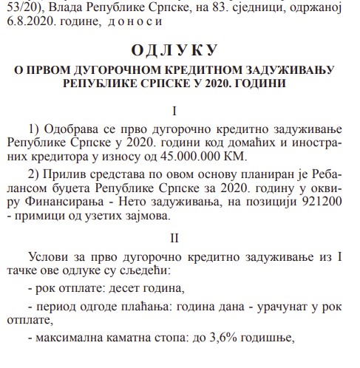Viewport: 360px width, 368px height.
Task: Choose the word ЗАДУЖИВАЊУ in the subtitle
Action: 289,70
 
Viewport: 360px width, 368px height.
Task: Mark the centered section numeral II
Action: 174,238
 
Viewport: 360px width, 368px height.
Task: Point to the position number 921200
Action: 314,204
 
